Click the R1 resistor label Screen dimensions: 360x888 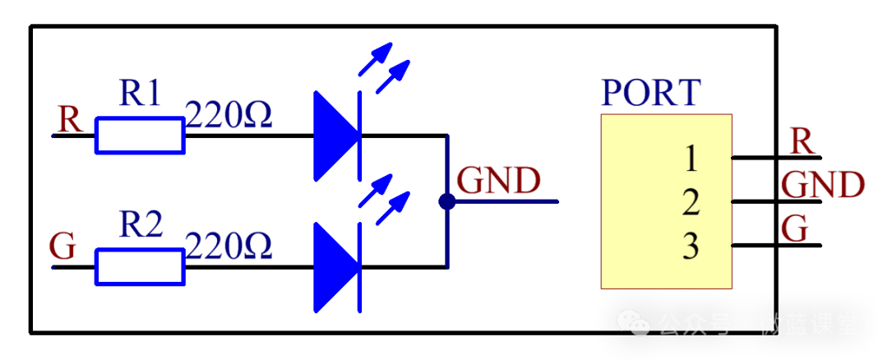pyautogui.click(x=141, y=94)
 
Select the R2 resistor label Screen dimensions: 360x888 pyautogui.click(x=141, y=224)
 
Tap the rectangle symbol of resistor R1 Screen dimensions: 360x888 pyautogui.click(x=139, y=136)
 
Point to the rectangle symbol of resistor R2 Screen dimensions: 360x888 pyautogui.click(x=139, y=267)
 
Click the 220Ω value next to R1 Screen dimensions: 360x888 pyautogui.click(x=229, y=115)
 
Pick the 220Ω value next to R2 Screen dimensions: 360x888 pyautogui.click(x=229, y=245)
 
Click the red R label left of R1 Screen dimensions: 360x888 pyautogui.click(x=70, y=121)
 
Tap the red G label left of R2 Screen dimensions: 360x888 pyautogui.click(x=62, y=247)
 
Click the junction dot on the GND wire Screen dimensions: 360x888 pyautogui.click(x=446, y=201)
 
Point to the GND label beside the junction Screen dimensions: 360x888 pyautogui.click(x=498, y=181)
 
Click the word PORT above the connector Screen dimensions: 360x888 pyautogui.click(x=650, y=93)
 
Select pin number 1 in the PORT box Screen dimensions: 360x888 pyautogui.click(x=691, y=159)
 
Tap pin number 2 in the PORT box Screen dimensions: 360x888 pyautogui.click(x=691, y=202)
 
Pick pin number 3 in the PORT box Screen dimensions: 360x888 pyautogui.click(x=691, y=246)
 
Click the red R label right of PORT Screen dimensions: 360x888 pyautogui.click(x=802, y=141)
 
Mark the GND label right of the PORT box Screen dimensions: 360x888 pyautogui.click(x=822, y=186)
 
